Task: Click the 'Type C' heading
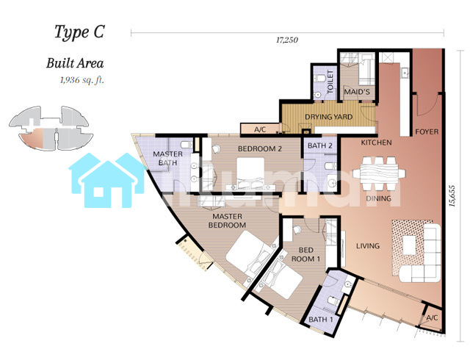(x=79, y=32)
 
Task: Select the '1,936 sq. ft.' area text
(x=82, y=80)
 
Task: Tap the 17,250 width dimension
(x=287, y=40)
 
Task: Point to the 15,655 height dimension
(x=452, y=196)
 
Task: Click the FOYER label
(x=427, y=132)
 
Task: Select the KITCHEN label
(x=376, y=143)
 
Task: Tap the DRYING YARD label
(x=328, y=117)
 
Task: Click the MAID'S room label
(x=357, y=92)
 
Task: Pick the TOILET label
(x=330, y=82)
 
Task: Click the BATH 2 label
(x=320, y=145)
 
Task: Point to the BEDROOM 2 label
(x=259, y=148)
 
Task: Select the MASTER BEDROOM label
(x=227, y=220)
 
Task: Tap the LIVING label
(x=368, y=246)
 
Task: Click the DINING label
(x=379, y=198)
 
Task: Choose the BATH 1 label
(x=321, y=320)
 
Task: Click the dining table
(x=379, y=173)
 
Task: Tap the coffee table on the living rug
(x=409, y=245)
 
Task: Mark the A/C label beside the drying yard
(x=260, y=129)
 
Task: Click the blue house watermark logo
(x=107, y=180)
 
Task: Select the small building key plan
(x=51, y=128)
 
